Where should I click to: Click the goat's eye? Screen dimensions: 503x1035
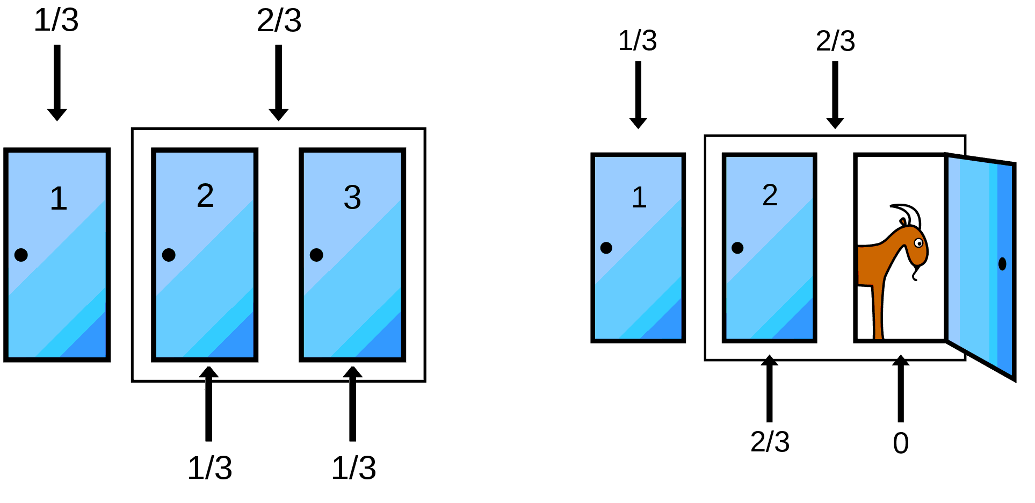tap(918, 243)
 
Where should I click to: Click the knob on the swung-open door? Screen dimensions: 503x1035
tap(1002, 264)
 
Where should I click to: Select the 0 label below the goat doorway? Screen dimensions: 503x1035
tap(901, 443)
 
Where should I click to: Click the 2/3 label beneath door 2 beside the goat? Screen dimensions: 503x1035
tap(770, 442)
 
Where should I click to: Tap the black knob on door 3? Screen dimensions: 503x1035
tap(316, 255)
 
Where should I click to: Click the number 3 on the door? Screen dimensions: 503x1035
tap(352, 197)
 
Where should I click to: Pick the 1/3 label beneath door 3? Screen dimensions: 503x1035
tap(353, 468)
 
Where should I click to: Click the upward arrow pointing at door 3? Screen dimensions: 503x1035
tap(352, 403)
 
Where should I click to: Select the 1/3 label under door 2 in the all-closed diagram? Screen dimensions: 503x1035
tap(209, 468)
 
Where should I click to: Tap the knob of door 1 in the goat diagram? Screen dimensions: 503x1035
tap(606, 248)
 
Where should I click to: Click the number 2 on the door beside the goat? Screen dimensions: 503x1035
tap(770, 195)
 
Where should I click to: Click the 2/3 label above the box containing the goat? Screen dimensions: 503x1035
tap(835, 41)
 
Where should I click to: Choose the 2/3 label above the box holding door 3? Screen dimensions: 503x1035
tap(279, 21)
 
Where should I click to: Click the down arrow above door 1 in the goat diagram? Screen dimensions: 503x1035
tap(638, 95)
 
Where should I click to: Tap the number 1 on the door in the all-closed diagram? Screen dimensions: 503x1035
tap(59, 198)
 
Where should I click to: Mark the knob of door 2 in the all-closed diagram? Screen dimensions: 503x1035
tap(169, 255)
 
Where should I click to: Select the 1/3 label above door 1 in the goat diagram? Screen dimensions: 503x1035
tap(638, 41)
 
